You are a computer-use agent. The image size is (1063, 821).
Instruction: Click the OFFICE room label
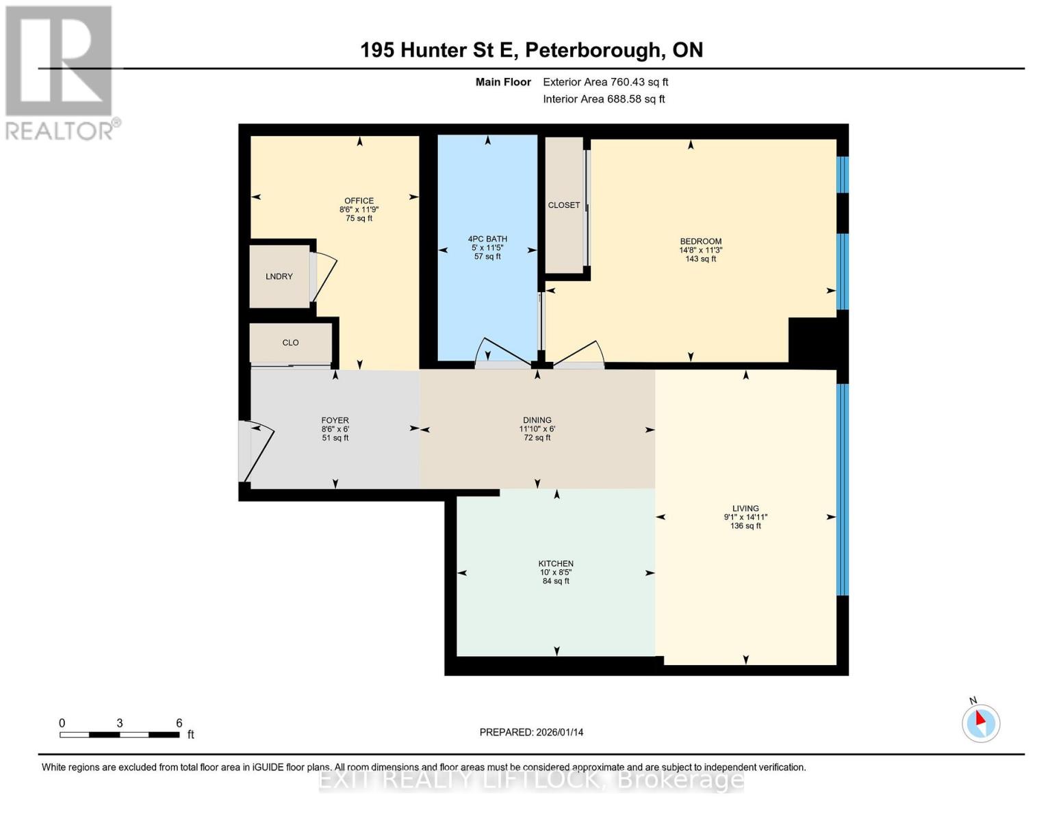[x=359, y=201]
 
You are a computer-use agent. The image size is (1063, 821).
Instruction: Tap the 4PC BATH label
[x=487, y=239]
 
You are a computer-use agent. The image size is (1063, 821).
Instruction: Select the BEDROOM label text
[x=700, y=242]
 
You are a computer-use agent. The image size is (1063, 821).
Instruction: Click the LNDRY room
[x=279, y=276]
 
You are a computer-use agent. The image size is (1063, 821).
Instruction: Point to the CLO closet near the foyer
[x=290, y=343]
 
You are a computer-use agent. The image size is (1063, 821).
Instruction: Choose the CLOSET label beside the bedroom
[x=564, y=205]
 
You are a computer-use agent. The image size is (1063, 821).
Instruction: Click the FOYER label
[x=335, y=421]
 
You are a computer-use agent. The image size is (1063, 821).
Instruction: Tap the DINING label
[x=537, y=421]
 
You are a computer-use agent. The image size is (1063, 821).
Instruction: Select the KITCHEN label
[x=556, y=564]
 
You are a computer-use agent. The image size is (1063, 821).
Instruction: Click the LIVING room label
[x=745, y=508]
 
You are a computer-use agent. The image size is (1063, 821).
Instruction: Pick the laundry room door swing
[x=323, y=277]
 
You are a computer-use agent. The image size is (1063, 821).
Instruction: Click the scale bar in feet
[x=120, y=735]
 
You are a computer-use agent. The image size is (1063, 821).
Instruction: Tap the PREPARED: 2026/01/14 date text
[x=531, y=732]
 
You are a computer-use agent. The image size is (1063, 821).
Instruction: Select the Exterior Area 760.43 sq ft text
[x=605, y=82]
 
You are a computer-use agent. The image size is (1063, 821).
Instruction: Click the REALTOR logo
[x=60, y=72]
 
